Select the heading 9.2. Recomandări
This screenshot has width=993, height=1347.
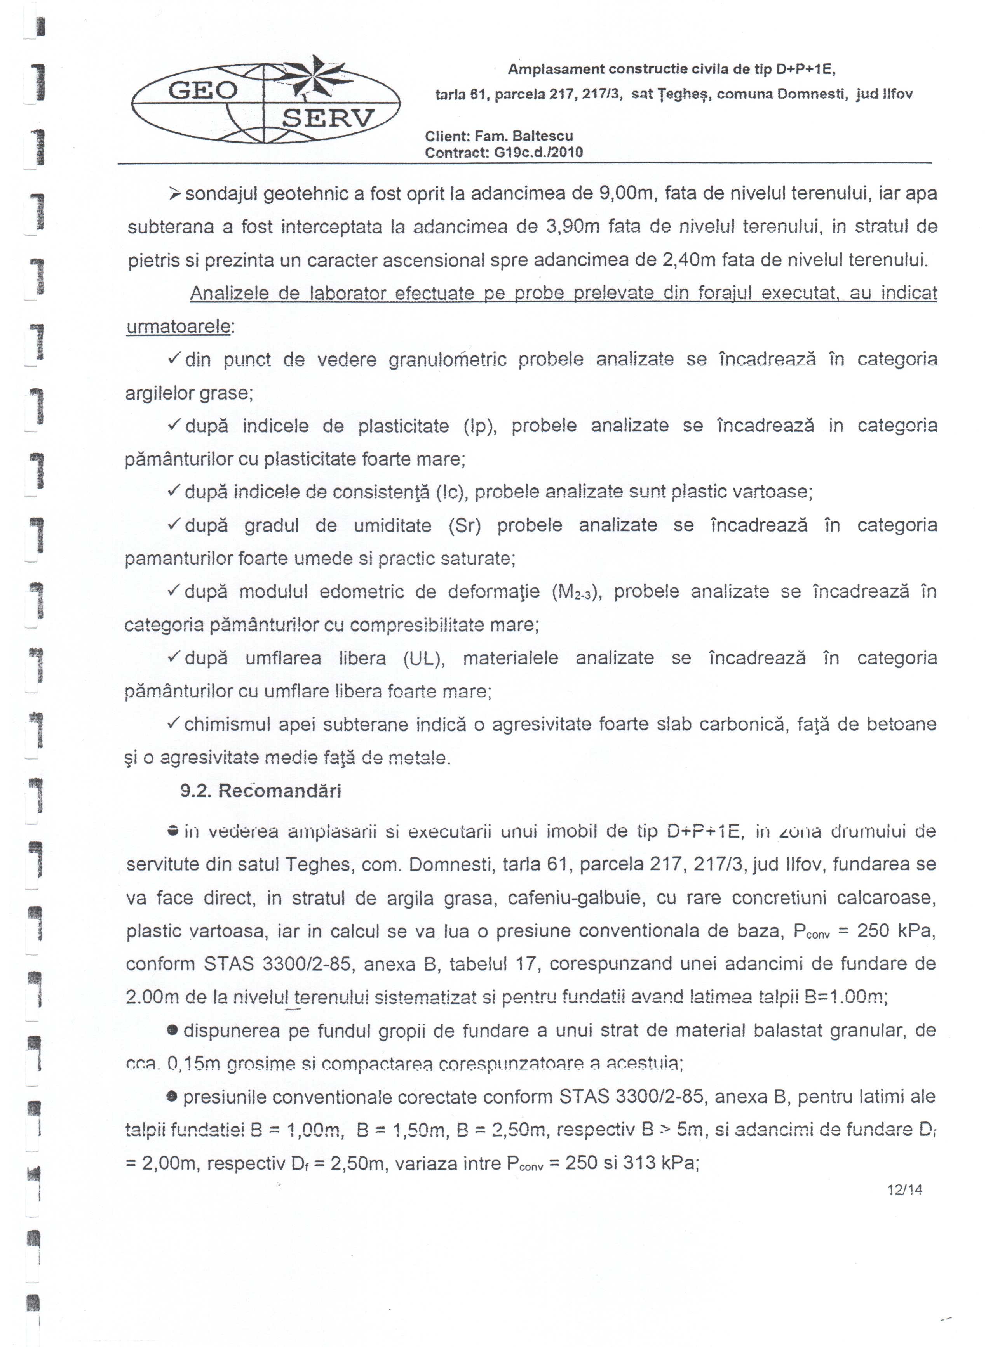[x=260, y=791]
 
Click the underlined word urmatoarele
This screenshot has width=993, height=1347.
[x=178, y=327]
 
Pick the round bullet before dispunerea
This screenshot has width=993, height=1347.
[x=172, y=1031]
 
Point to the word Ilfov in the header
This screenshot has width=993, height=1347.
[x=897, y=94]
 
